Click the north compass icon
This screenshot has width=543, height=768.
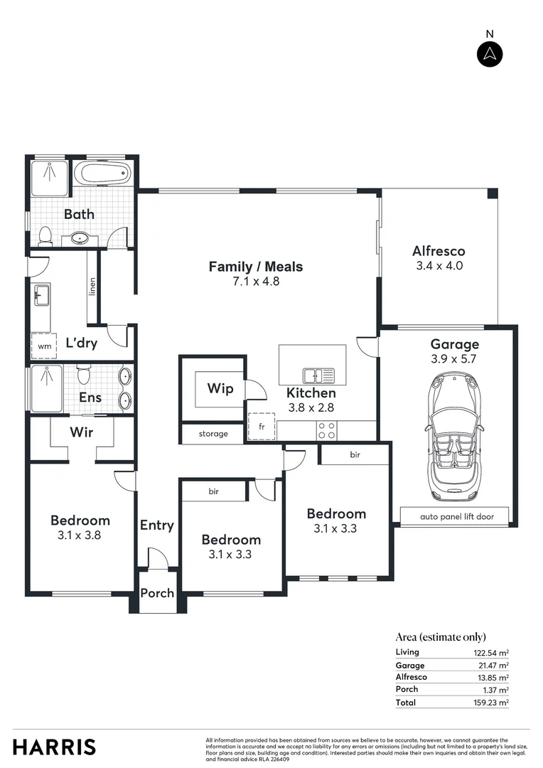pos(490,54)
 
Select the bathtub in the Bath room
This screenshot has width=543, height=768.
pos(103,173)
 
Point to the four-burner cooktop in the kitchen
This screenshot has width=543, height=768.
pos(326,430)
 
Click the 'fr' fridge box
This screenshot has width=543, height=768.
pos(260,426)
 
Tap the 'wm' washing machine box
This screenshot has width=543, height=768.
pos(44,346)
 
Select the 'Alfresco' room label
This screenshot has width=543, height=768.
pos(439,251)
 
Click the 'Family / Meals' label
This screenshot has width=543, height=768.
pos(255,267)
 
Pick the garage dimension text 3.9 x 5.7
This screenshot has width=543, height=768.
pos(453,359)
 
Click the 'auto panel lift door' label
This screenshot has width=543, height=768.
pos(456,516)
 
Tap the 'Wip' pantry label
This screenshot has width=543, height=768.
pos(220,388)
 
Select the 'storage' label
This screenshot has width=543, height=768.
pos(213,434)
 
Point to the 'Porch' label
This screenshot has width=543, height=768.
pos(157,592)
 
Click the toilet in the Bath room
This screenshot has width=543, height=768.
pos(45,235)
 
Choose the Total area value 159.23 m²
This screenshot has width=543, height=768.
pos(493,702)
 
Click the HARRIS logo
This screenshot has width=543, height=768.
pos(54,747)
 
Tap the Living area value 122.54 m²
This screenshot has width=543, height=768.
pos(493,652)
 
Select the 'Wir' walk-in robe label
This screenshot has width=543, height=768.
pos(81,432)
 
